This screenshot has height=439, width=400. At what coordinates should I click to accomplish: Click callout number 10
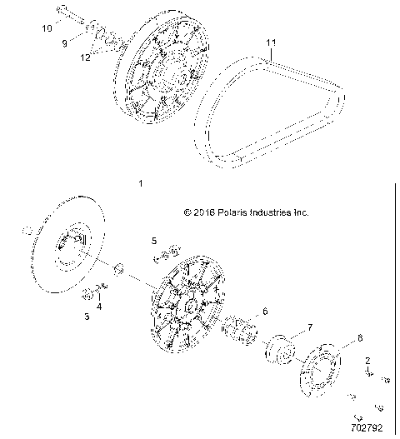pyautogui.click(x=47, y=27)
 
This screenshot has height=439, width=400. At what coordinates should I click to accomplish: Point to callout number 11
pyautogui.click(x=269, y=42)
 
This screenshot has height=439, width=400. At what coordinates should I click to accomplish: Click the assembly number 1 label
pyautogui.click(x=141, y=182)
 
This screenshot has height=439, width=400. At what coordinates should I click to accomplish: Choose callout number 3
pyautogui.click(x=86, y=317)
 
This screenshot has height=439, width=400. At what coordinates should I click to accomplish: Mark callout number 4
pyautogui.click(x=101, y=306)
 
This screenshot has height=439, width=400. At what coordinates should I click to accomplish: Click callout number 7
pyautogui.click(x=287, y=327)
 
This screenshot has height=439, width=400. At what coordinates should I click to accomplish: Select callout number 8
pyautogui.click(x=337, y=338)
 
